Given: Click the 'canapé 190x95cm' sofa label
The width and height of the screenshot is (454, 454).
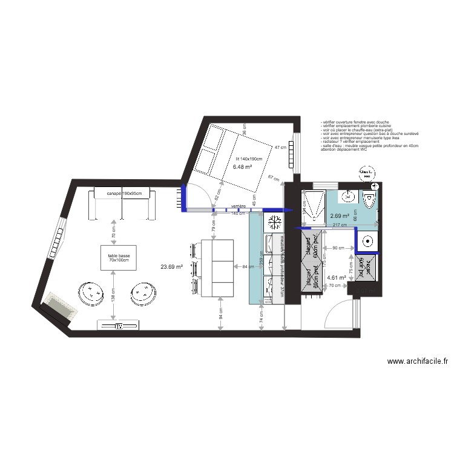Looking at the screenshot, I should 123,194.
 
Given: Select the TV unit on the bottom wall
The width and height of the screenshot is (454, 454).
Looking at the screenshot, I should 119,326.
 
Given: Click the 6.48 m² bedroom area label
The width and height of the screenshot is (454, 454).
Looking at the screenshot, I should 242,168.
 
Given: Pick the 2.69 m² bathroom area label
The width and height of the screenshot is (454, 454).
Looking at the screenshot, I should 340,215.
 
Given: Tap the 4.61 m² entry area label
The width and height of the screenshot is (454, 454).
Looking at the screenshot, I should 336,278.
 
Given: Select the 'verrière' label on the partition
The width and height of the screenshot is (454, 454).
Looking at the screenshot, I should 239,206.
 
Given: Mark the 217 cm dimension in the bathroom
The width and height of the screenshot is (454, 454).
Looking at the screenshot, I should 340,225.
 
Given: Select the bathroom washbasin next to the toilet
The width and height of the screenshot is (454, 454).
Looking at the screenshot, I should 348,196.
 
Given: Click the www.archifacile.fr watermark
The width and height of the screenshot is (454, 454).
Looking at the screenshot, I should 417,361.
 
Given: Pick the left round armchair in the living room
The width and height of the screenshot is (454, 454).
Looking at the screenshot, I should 94,293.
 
